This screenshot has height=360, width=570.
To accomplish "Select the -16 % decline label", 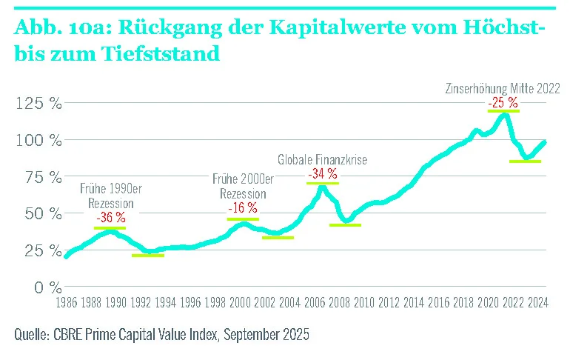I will point(242,208).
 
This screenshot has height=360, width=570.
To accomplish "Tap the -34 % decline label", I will point(322,173).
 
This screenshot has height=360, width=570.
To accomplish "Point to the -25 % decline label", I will point(503,101).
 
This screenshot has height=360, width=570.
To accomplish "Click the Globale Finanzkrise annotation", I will point(322,159).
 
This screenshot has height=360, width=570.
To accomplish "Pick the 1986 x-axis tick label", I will point(67,303).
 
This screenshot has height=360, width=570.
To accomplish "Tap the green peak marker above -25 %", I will point(503,110).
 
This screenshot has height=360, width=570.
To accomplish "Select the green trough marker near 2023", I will point(525,161).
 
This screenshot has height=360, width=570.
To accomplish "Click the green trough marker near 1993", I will point(147,256).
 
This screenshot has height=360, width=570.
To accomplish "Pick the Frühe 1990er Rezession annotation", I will point(110,196).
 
